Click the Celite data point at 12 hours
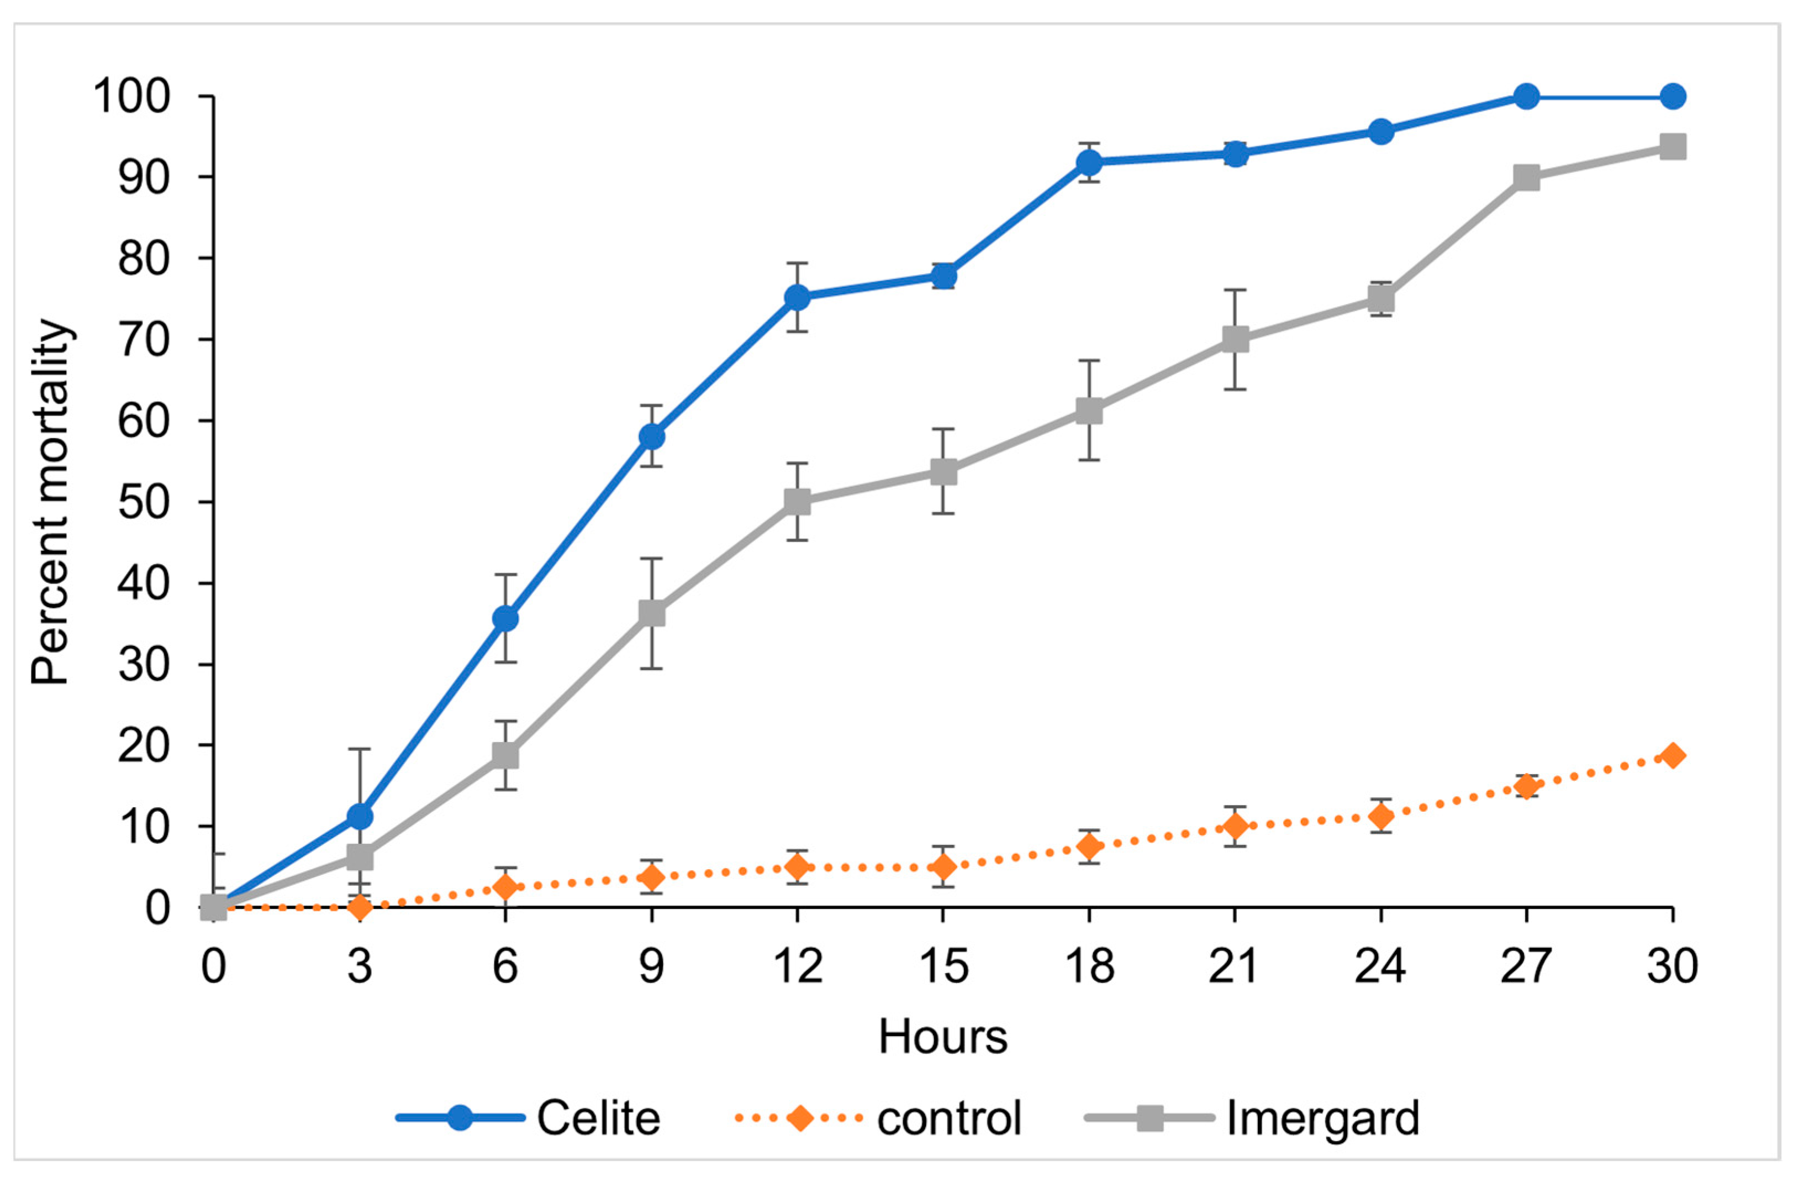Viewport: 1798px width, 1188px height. pyautogui.click(x=797, y=298)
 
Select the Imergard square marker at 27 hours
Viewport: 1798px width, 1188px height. pyautogui.click(x=1526, y=178)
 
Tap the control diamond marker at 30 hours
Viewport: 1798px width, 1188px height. pyautogui.click(x=1672, y=755)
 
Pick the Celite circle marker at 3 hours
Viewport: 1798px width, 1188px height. pyautogui.click(x=360, y=817)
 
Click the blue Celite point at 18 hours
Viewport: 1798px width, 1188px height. pyautogui.click(x=1089, y=162)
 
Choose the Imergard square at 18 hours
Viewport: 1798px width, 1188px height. pyautogui.click(x=1089, y=411)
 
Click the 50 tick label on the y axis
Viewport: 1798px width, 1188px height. pyautogui.click(x=144, y=502)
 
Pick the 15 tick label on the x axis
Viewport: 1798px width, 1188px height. pyautogui.click(x=943, y=966)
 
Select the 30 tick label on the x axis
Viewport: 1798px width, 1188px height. pyautogui.click(x=1672, y=966)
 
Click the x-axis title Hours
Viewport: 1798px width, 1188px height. pyautogui.click(x=943, y=1037)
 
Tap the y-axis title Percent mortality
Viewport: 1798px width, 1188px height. pyautogui.click(x=51, y=502)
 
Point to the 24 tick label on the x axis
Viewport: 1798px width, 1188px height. pyautogui.click(x=1381, y=966)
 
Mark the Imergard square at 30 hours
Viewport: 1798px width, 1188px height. pyautogui.click(x=1672, y=146)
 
